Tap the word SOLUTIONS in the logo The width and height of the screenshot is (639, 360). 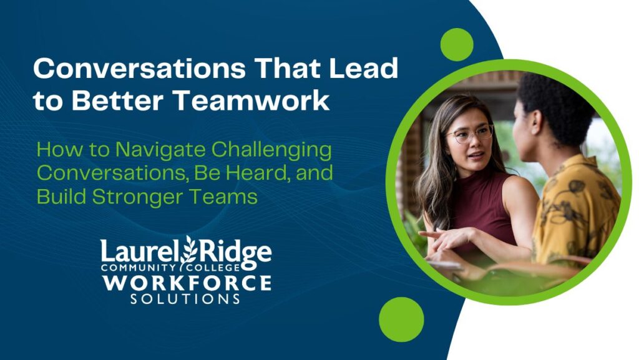click(185, 299)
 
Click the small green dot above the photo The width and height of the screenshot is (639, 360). click(457, 44)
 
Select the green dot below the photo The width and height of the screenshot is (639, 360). click(401, 319)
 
